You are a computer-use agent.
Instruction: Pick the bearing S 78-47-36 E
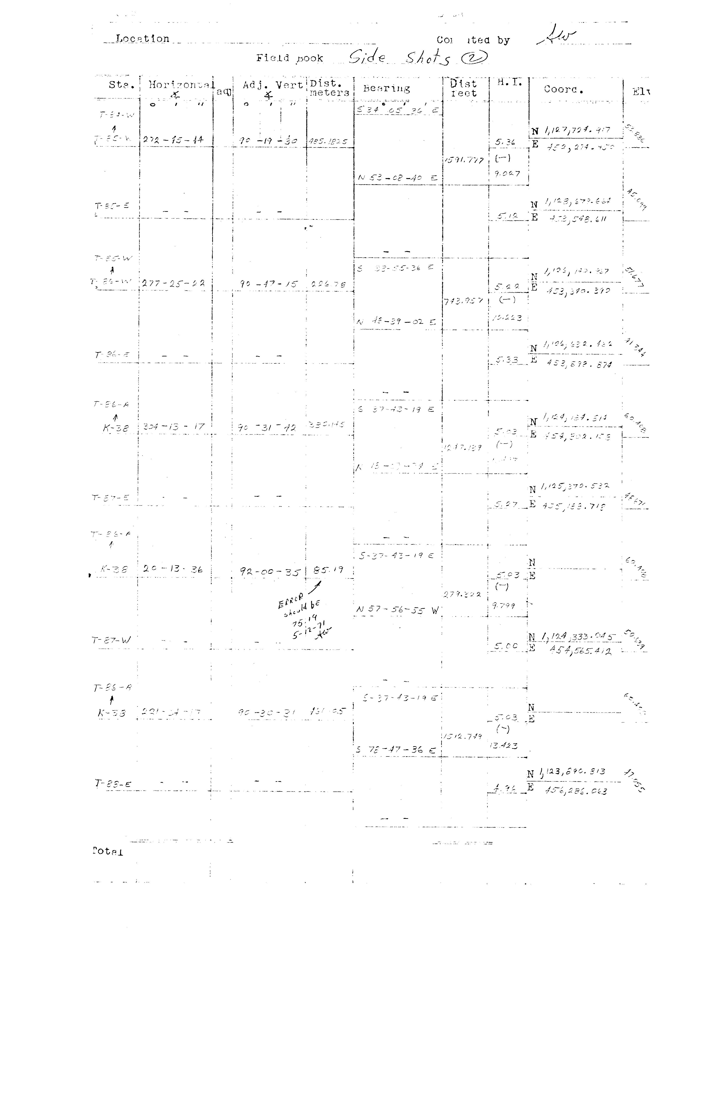click(x=396, y=749)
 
